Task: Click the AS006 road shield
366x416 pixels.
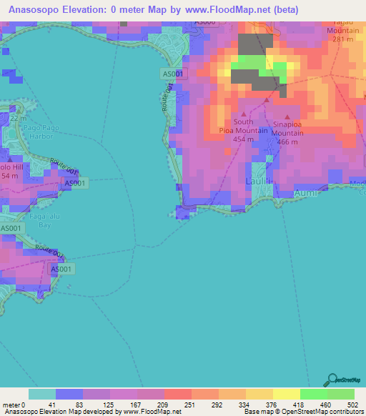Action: (205, 23)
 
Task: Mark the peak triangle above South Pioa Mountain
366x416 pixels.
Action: (244, 114)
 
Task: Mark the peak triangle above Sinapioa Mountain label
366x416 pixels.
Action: (288, 116)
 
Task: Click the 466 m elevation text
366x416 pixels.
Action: (287, 142)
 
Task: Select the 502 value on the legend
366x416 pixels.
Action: (353, 404)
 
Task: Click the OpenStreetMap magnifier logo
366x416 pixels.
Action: (331, 380)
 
